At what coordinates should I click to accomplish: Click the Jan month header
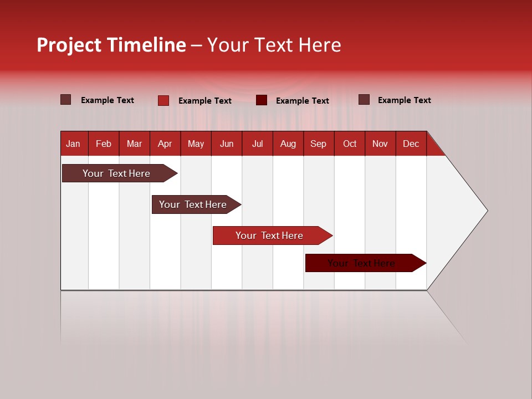(x=73, y=144)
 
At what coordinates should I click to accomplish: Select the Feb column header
(x=104, y=144)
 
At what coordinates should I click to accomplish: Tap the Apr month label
(x=165, y=144)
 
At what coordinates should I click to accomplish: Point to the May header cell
(x=196, y=144)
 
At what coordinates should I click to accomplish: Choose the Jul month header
(x=257, y=144)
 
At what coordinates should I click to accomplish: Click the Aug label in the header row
(x=288, y=144)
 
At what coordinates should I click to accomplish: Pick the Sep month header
(x=318, y=144)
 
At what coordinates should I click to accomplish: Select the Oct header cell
(x=350, y=144)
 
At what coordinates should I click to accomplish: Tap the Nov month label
(x=380, y=144)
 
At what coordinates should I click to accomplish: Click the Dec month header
(x=411, y=144)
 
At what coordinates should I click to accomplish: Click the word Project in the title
(x=69, y=45)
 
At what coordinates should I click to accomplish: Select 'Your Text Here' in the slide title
(x=274, y=45)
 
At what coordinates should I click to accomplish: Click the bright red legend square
(x=163, y=100)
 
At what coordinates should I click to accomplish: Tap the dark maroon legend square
(x=262, y=100)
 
